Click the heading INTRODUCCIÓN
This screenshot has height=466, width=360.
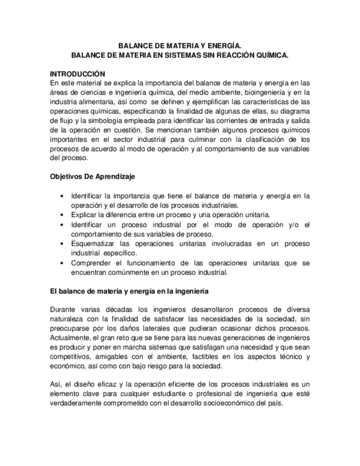(77, 74)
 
